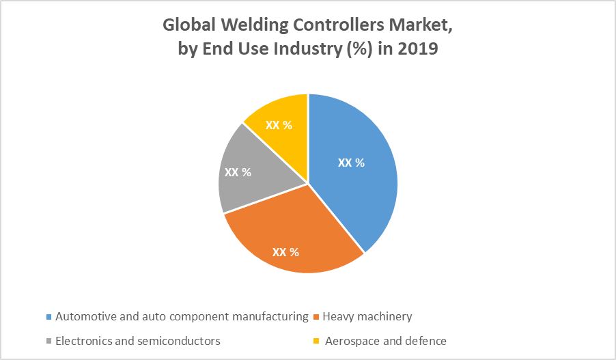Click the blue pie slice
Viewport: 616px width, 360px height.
[355, 191]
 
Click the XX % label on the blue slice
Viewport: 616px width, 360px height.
[351, 163]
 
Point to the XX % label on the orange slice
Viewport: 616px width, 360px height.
[285, 251]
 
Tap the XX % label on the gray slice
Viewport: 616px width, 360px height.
[238, 172]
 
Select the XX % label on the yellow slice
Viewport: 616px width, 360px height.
[279, 126]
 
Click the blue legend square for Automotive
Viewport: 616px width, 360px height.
[48, 317]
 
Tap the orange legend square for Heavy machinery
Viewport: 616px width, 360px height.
[316, 317]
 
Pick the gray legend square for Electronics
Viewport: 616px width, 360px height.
[48, 341]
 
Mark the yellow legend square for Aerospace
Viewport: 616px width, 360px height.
[316, 341]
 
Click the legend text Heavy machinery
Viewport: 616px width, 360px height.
[367, 316]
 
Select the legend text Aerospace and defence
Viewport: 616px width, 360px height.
[386, 340]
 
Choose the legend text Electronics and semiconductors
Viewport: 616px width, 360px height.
[138, 340]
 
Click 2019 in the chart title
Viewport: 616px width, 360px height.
[418, 50]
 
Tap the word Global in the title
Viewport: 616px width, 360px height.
[188, 26]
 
